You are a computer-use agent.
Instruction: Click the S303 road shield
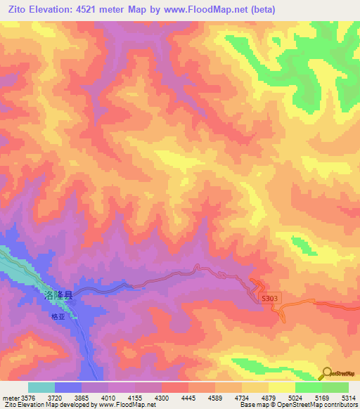[x=271, y=298]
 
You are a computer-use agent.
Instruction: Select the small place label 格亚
[x=58, y=317]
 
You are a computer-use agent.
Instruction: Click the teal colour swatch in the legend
[x=41, y=387]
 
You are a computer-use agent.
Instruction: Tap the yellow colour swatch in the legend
[x=282, y=387]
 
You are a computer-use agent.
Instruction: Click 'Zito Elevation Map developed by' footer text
[x=49, y=405]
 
